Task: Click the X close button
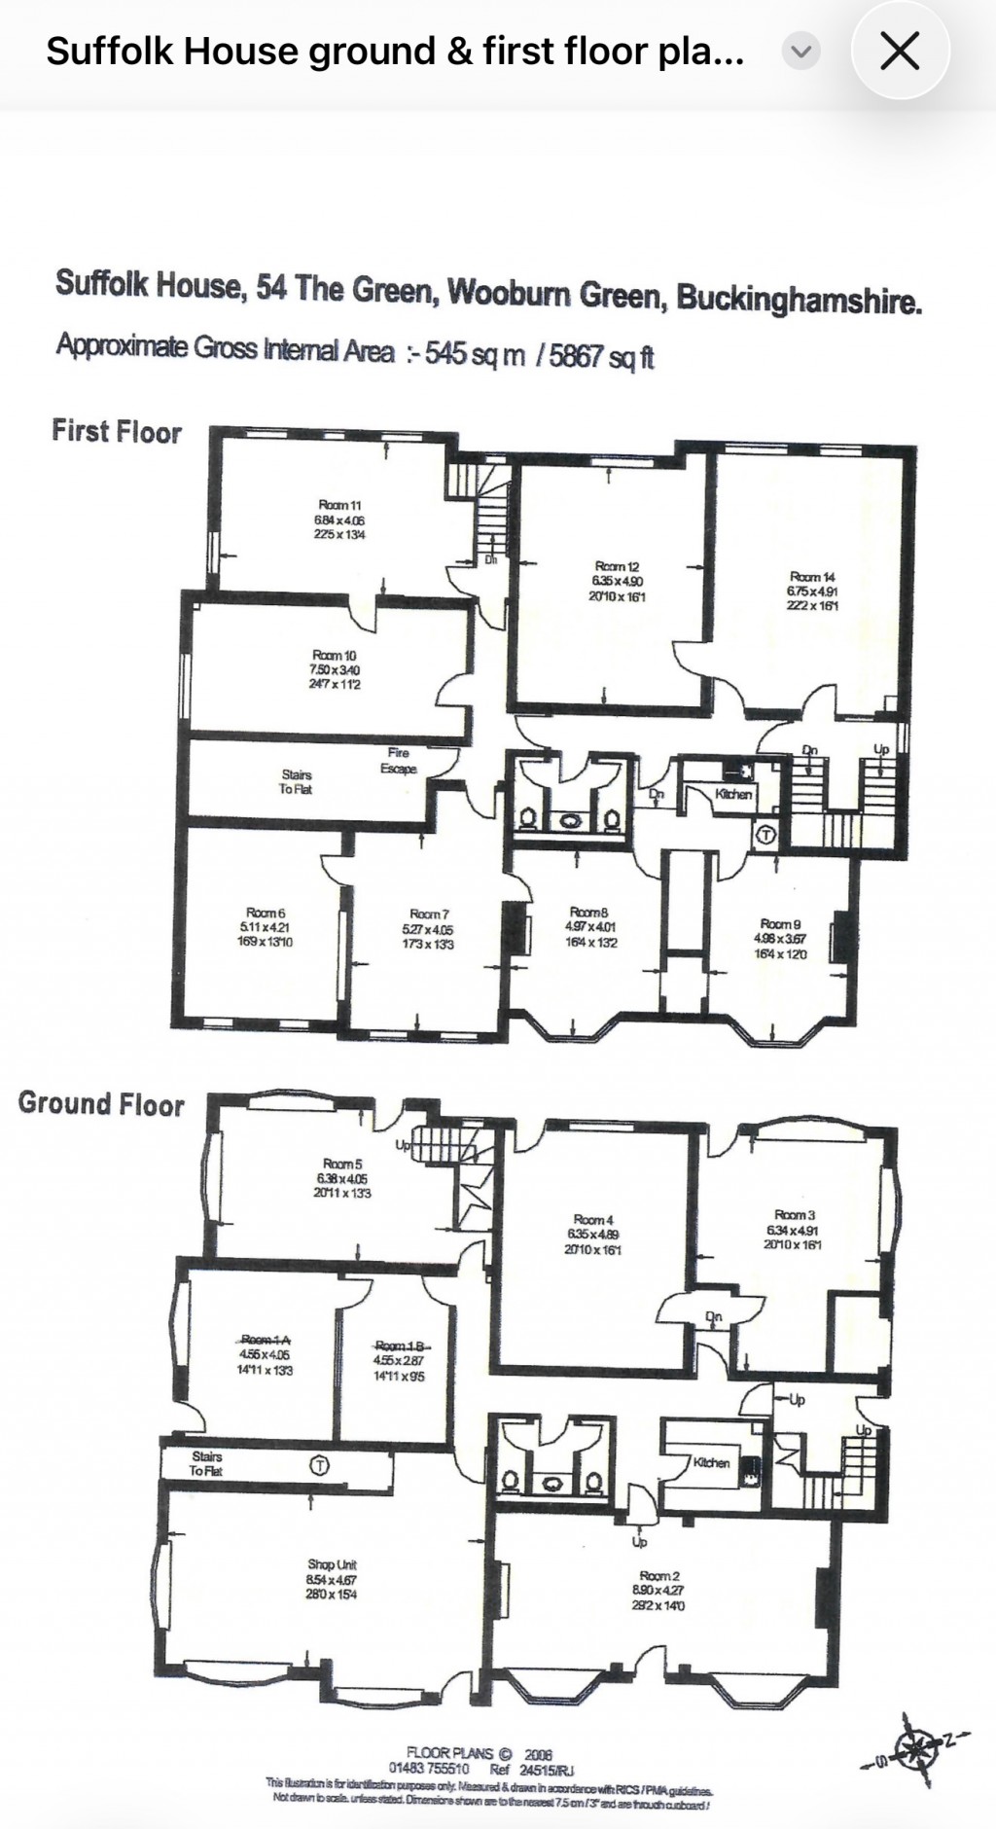click(x=899, y=52)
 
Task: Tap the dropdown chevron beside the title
click(x=801, y=52)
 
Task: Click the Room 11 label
click(x=339, y=505)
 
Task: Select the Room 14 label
click(x=812, y=577)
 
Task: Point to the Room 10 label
click(x=335, y=656)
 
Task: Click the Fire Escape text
click(x=399, y=761)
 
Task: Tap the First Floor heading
click(x=117, y=431)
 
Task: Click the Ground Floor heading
click(x=101, y=1104)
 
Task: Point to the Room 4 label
click(x=593, y=1219)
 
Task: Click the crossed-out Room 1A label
click(x=264, y=1340)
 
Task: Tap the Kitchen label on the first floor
click(x=733, y=794)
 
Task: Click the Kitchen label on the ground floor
click(x=711, y=1462)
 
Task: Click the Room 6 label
click(x=266, y=913)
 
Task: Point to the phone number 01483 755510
click(x=429, y=1769)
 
